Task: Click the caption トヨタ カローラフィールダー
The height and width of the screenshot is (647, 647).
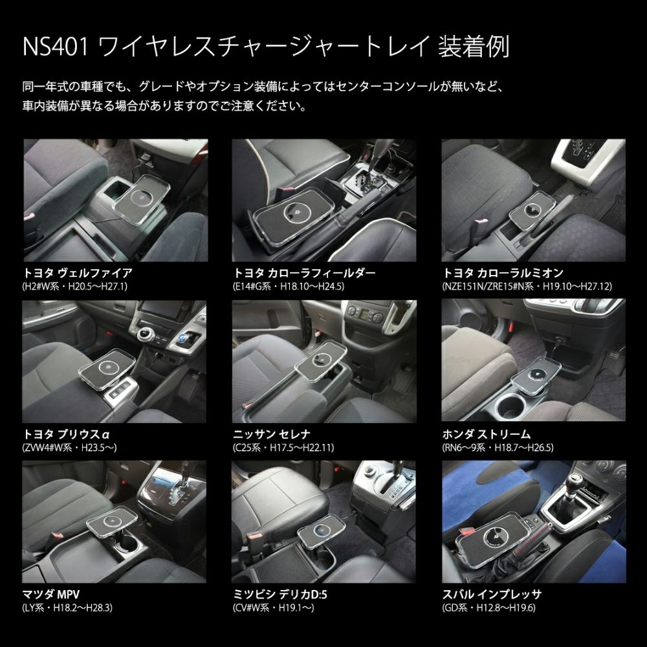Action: click(x=303, y=272)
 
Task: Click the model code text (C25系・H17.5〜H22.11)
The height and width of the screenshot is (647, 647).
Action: click(x=283, y=447)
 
